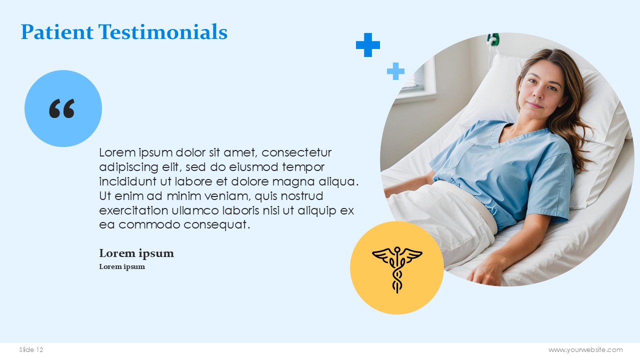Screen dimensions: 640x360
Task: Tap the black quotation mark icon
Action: (x=61, y=108)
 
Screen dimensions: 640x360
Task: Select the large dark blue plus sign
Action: (x=368, y=45)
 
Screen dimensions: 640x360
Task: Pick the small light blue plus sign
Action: (x=395, y=71)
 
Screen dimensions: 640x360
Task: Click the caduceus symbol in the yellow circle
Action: (x=397, y=269)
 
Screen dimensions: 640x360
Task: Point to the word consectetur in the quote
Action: (x=296, y=152)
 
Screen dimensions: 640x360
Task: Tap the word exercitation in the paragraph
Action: (x=133, y=210)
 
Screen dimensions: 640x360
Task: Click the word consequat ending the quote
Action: (x=216, y=225)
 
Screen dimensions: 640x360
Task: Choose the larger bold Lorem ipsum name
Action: (x=136, y=253)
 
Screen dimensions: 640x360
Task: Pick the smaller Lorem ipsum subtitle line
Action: (x=122, y=266)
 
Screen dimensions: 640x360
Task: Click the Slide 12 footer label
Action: (x=31, y=349)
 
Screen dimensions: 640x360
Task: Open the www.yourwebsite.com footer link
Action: (x=585, y=349)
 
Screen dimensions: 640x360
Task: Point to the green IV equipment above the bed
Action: (x=493, y=39)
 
